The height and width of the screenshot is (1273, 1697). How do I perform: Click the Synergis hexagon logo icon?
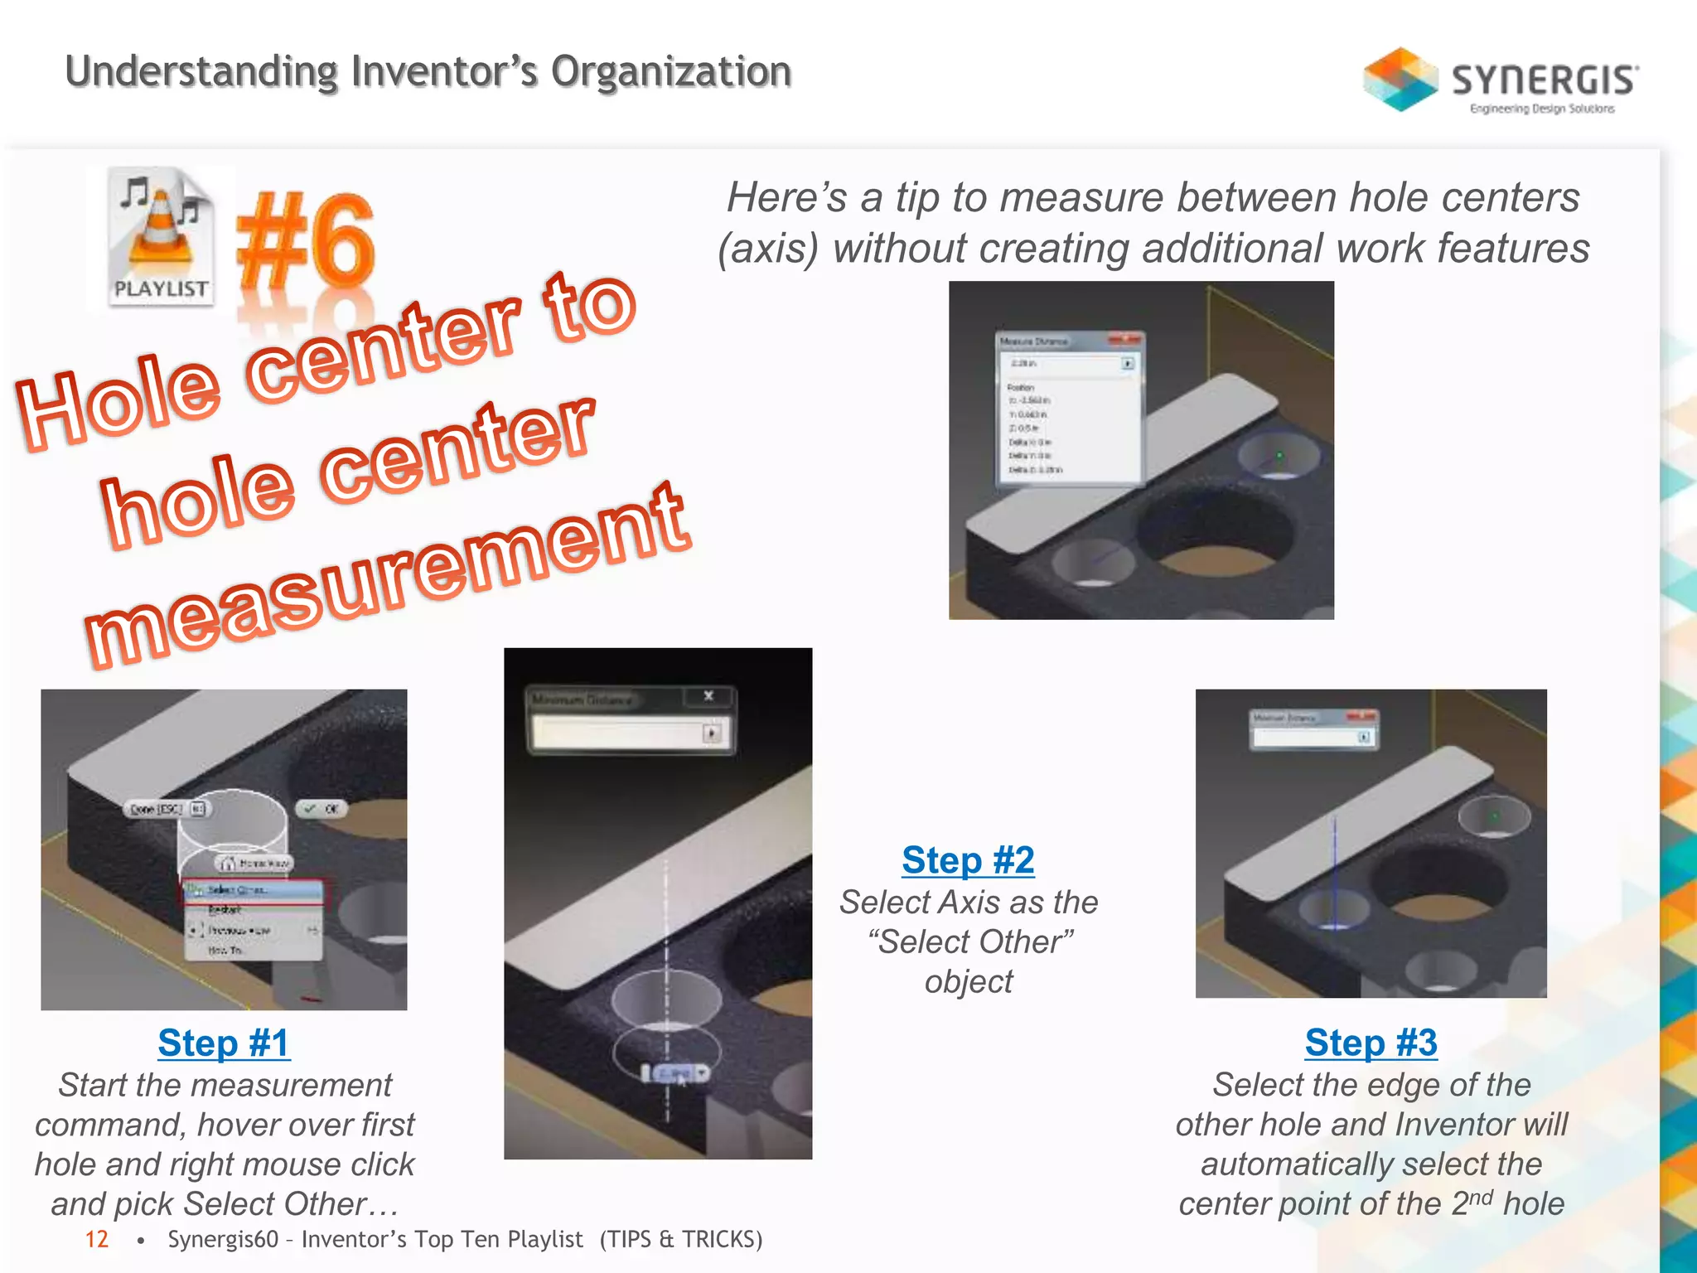coord(1400,79)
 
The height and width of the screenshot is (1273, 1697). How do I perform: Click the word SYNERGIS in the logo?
coord(1544,80)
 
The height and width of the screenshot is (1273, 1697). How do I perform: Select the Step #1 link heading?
coord(224,1043)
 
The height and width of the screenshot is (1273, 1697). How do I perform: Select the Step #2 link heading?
coord(968,859)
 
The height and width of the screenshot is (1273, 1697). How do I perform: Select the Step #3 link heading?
coord(1371,1043)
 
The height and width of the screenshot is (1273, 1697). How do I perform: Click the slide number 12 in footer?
coord(97,1239)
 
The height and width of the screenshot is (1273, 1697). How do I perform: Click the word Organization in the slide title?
coord(671,71)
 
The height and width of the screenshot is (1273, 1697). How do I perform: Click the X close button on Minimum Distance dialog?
coord(708,696)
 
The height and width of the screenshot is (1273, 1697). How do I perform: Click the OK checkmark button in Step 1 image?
coord(321,809)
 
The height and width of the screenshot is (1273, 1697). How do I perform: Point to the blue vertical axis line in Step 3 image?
coord(1334,870)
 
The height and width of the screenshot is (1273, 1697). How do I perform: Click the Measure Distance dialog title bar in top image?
coord(1052,341)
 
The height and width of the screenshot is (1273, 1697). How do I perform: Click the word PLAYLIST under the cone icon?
coord(161,288)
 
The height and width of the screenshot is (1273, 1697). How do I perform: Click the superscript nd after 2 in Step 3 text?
coord(1481,1196)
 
